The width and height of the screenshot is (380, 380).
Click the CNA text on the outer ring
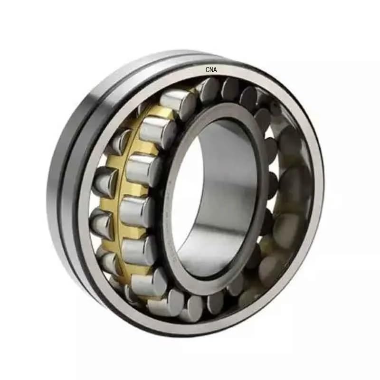pyautogui.click(x=211, y=70)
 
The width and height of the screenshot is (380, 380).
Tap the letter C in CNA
pyautogui.click(x=208, y=70)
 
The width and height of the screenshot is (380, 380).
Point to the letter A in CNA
pyautogui.click(x=215, y=70)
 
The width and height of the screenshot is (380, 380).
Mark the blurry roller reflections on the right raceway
pyautogui.click(x=290, y=190)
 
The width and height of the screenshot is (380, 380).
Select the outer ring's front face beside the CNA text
pyautogui.click(x=247, y=76)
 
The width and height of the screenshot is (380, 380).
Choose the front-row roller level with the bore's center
pyautogui.click(x=135, y=209)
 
